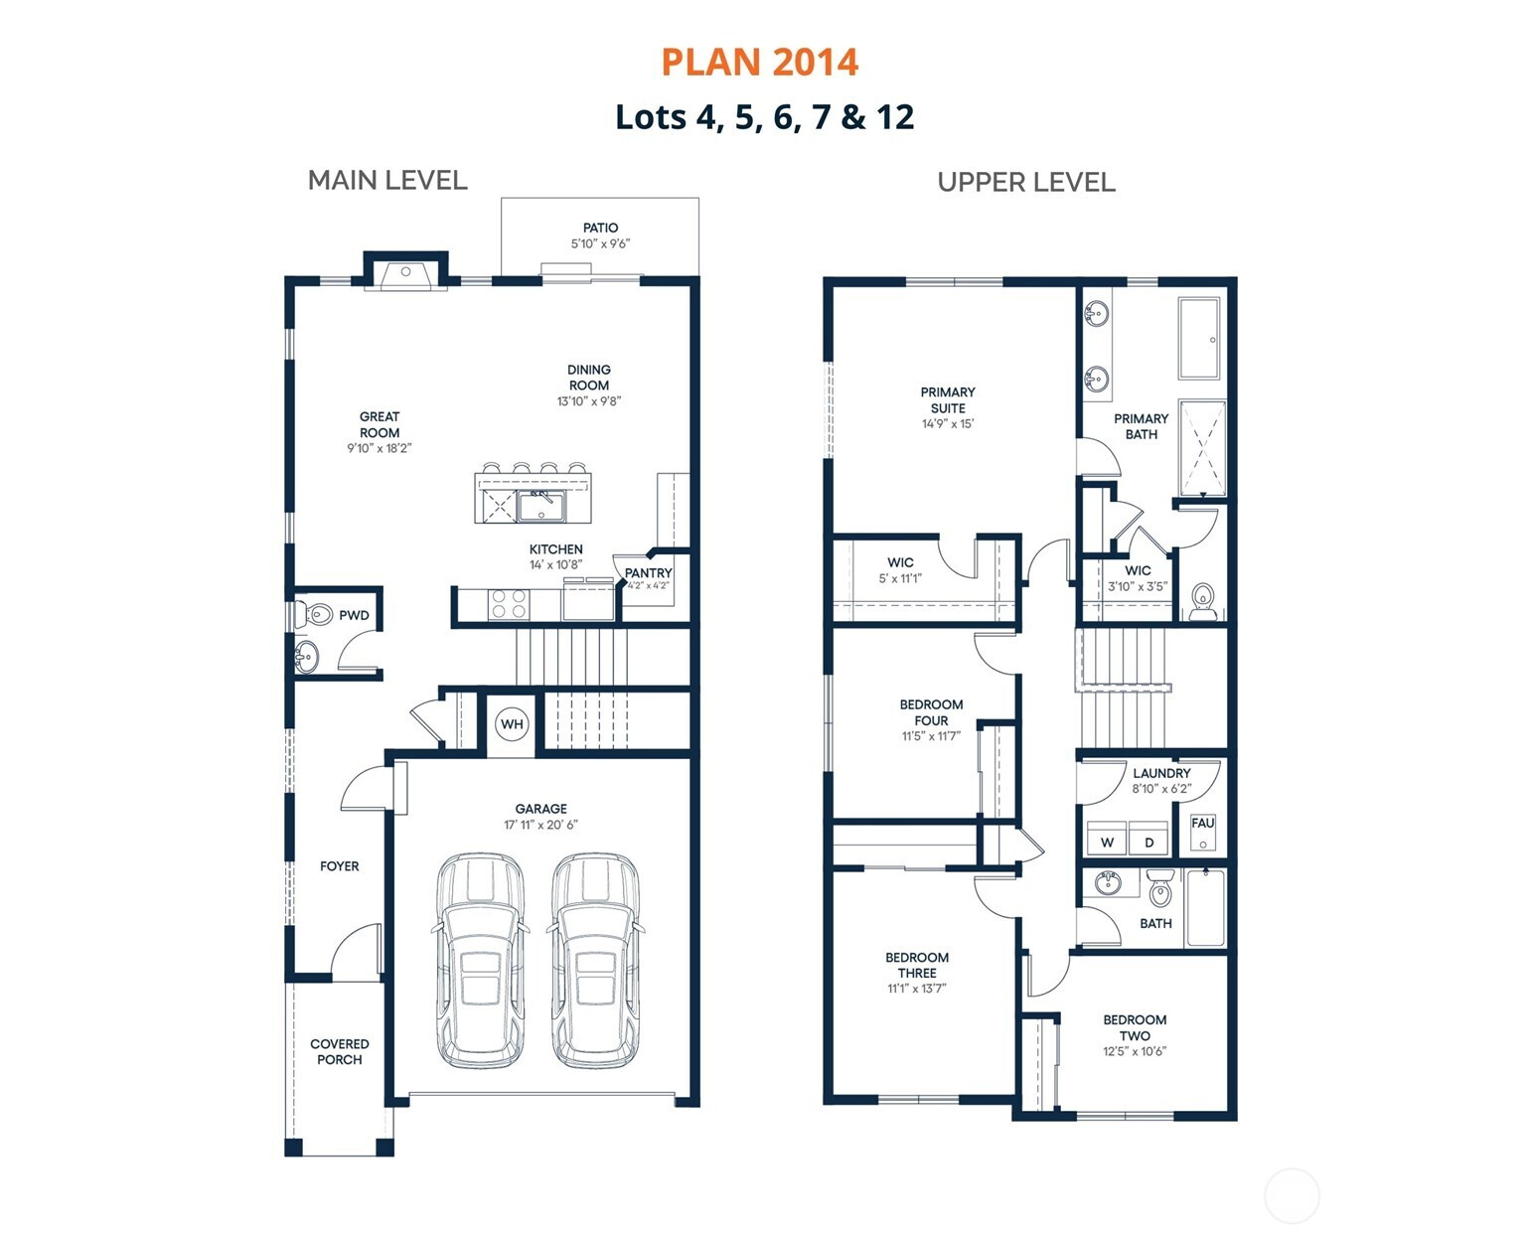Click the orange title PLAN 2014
coord(759,63)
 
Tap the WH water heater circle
coord(512,724)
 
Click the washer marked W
coord(1108,839)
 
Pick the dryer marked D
coord(1149,839)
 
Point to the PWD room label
coord(354,616)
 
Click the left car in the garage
coord(481,960)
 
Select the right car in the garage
coord(596,960)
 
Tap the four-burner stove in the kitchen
coord(509,604)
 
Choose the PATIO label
coord(600,229)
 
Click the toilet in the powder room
coord(315,614)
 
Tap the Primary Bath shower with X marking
coord(1201,448)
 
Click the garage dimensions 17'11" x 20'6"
coord(540,825)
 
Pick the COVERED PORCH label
coord(339,1052)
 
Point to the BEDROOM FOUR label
coord(931,712)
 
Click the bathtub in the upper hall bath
coord(1206,908)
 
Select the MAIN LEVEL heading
coord(387,181)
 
